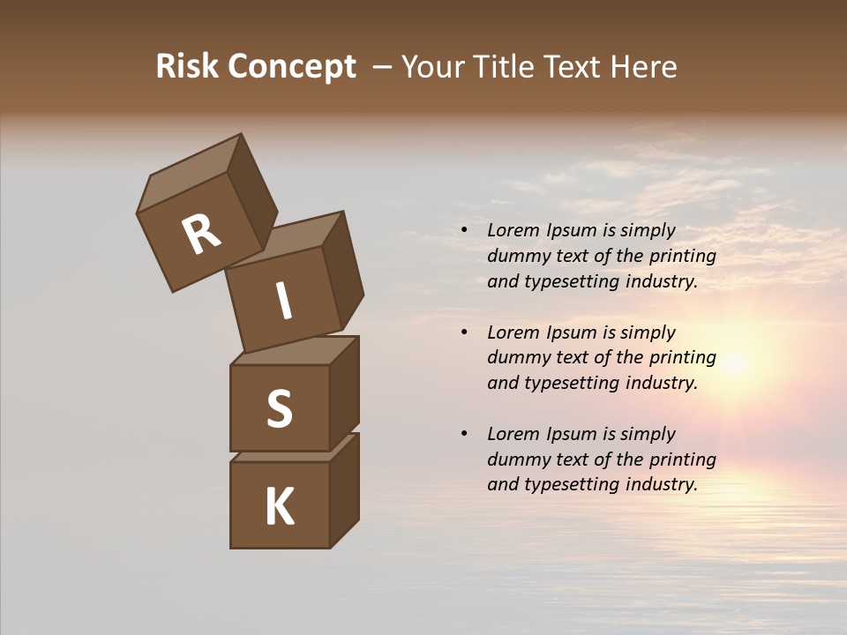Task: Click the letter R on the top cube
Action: (x=201, y=234)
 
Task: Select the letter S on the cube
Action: (x=279, y=409)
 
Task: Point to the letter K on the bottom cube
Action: (x=280, y=507)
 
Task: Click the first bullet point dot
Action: (x=464, y=231)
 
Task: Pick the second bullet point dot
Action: (x=464, y=332)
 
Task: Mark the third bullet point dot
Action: (x=464, y=434)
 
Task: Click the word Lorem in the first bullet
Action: (x=513, y=230)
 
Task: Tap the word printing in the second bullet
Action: (x=682, y=358)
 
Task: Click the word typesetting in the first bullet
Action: (x=571, y=282)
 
